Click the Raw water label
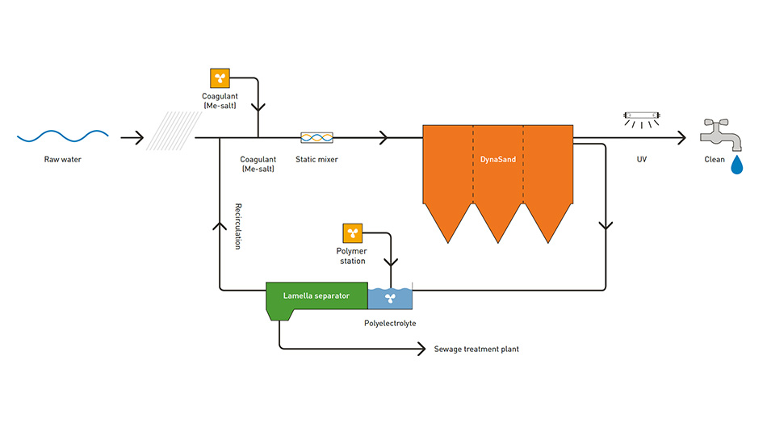63,159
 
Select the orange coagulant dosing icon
220,77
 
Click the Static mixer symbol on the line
316,138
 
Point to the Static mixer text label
316,160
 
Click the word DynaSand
497,160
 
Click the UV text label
643,160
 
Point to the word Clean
715,159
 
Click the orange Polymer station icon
352,234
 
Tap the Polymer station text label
352,256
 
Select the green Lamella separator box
316,297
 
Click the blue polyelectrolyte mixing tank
390,298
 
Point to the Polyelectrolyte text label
390,323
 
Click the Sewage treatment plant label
476,349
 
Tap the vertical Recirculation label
238,226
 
